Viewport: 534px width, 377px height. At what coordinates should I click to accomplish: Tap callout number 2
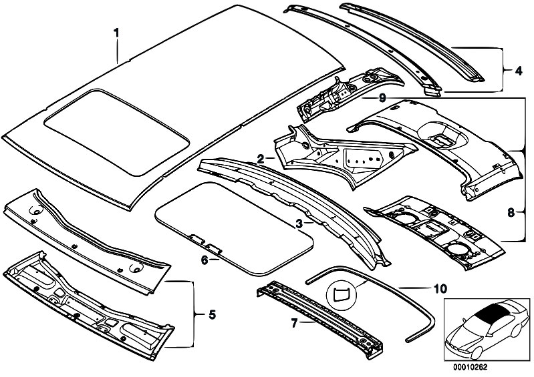tap(259, 158)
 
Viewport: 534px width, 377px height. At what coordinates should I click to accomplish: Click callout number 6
tap(205, 260)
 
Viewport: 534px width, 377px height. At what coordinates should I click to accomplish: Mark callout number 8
tap(511, 213)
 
